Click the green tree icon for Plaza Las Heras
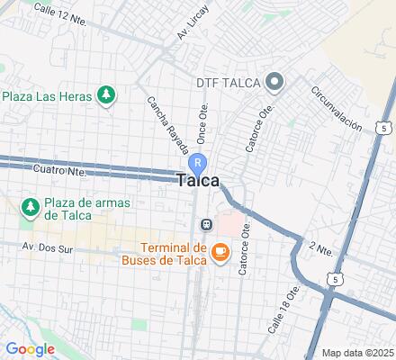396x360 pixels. [107, 94]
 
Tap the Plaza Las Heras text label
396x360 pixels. [49, 94]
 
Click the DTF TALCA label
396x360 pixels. [229, 83]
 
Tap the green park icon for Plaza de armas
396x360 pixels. [30, 207]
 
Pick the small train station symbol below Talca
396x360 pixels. [206, 224]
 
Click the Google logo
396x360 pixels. [30, 349]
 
